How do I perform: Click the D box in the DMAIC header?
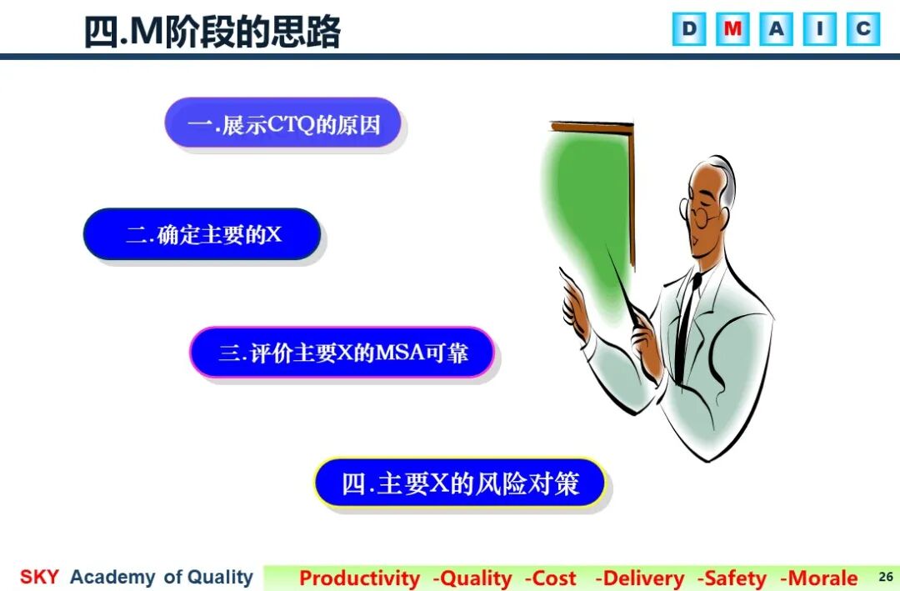[689, 28]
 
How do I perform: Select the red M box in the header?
[732, 28]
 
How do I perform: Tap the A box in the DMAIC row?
[776, 28]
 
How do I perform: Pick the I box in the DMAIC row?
[820, 28]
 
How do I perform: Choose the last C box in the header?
[863, 28]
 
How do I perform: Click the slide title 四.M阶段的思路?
[212, 32]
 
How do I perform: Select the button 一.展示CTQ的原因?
[283, 123]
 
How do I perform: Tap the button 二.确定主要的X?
[202, 234]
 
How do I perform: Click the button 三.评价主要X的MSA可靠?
[342, 352]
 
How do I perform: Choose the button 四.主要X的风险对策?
[460, 483]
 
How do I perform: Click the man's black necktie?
[686, 328]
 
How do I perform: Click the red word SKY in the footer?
[39, 577]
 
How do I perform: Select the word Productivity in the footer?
[360, 578]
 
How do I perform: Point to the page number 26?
[886, 577]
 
